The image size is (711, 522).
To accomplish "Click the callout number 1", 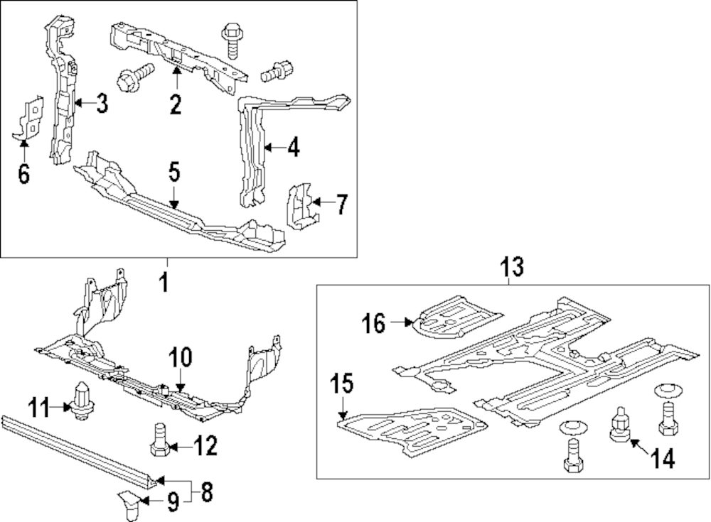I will point(164,283).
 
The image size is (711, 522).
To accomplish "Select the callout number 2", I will point(176,106).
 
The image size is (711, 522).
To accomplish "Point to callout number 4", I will point(293,148).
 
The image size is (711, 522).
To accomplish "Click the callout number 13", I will point(510,268).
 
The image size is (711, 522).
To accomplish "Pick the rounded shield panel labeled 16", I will point(455,315).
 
